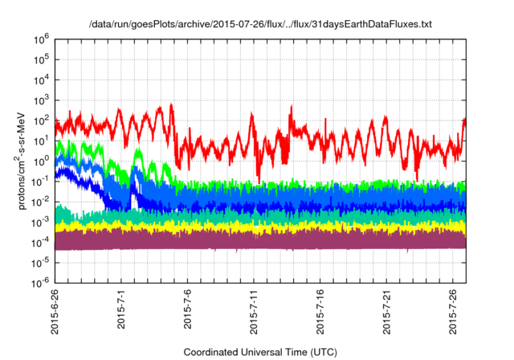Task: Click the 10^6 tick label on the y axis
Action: point(40,39)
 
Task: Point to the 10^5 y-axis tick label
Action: point(40,59)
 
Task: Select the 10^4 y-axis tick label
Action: point(40,80)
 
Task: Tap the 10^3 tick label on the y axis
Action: point(40,100)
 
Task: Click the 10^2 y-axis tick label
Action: point(40,121)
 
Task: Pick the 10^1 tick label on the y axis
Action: point(40,141)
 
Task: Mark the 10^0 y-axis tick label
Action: point(40,162)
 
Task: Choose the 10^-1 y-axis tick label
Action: point(39,182)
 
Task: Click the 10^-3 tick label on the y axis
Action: point(39,223)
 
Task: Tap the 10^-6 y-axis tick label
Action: point(39,284)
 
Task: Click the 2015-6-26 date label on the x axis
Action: point(55,313)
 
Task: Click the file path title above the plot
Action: point(260,25)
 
